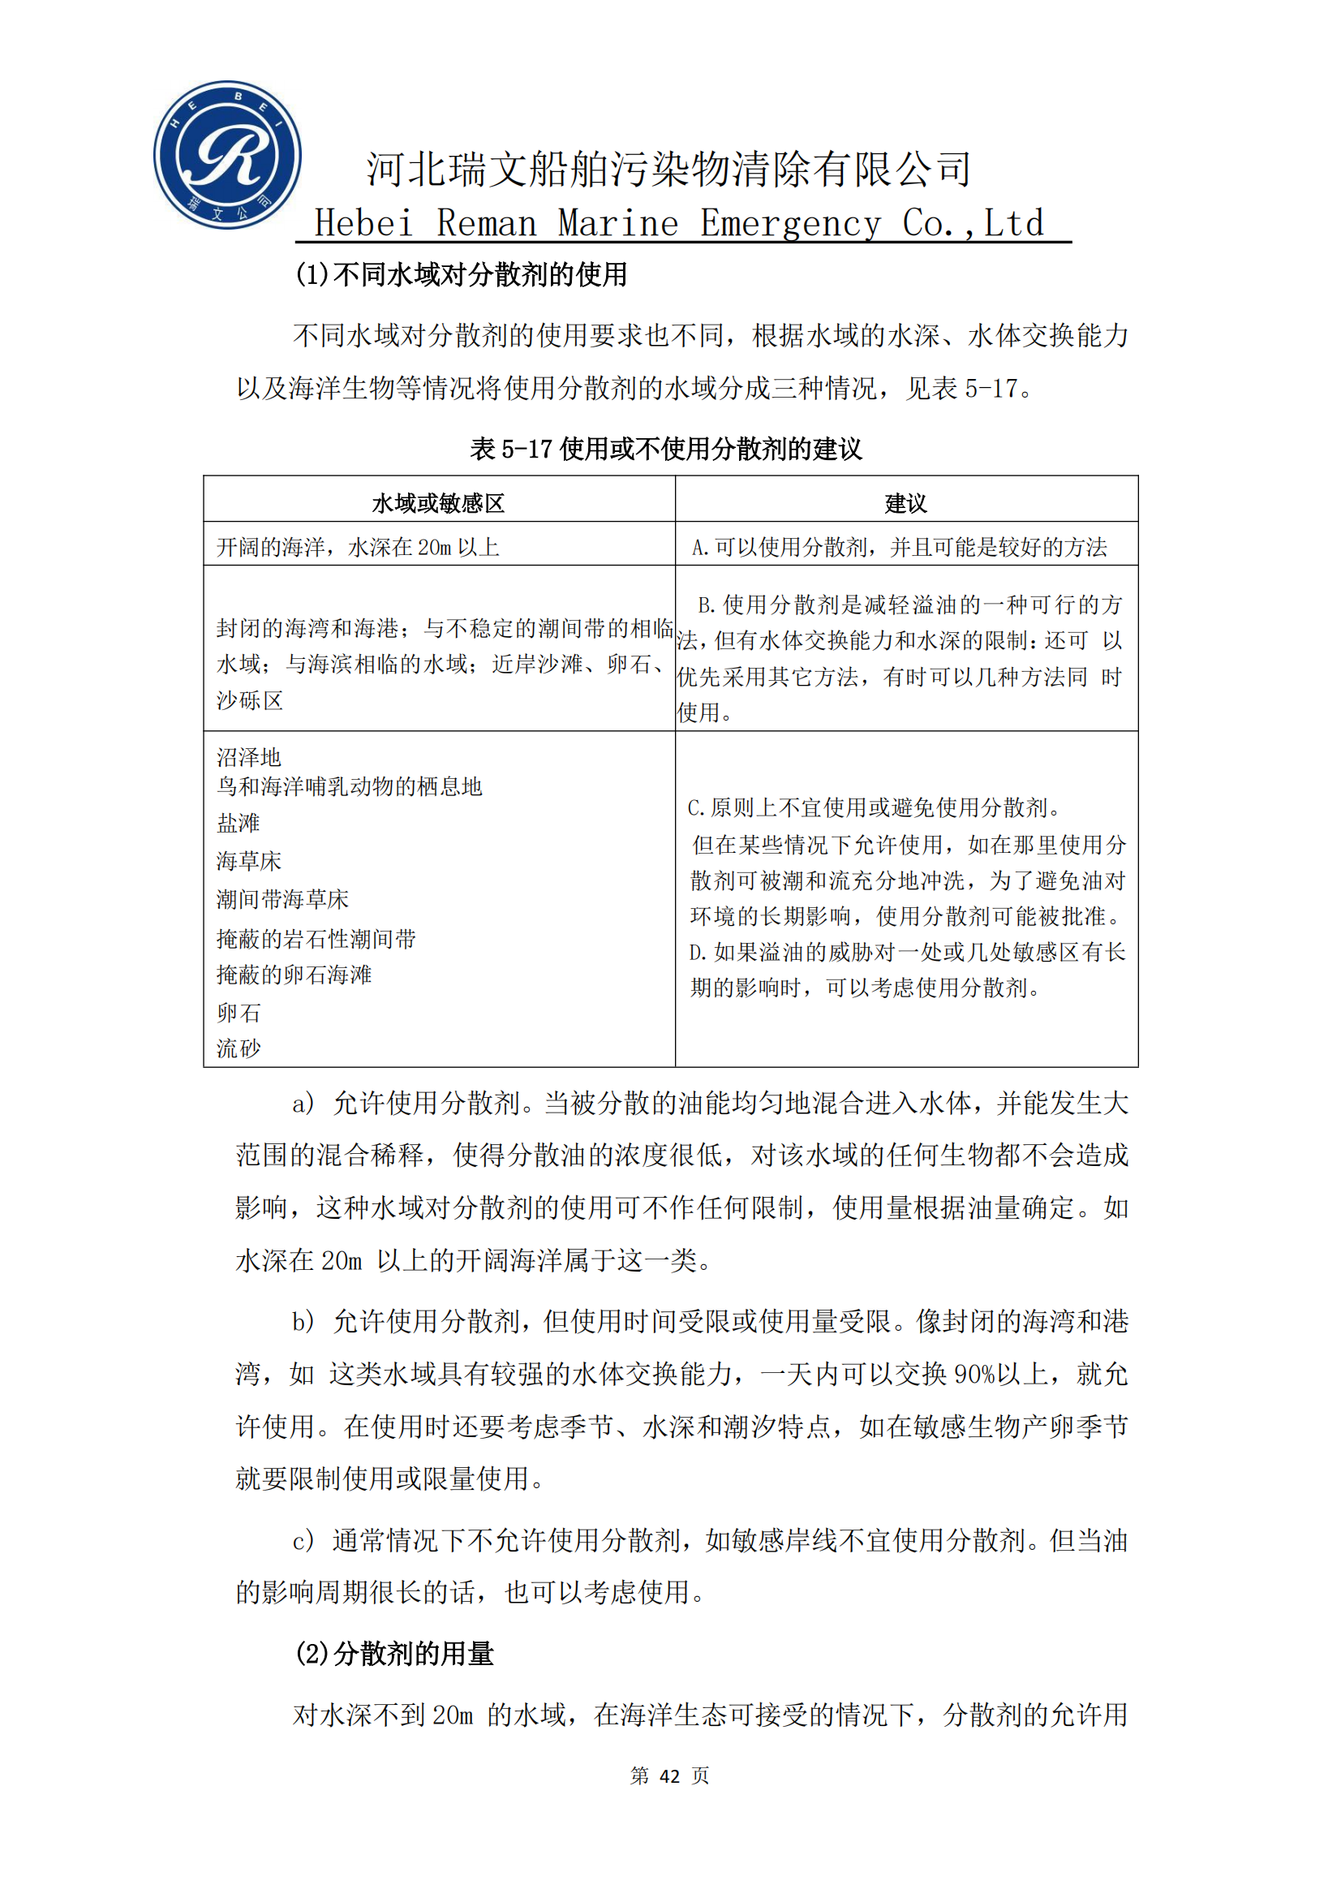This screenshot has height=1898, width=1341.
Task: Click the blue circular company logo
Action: (227, 155)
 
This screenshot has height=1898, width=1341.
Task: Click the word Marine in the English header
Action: (617, 223)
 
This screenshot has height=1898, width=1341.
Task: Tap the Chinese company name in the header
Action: (668, 170)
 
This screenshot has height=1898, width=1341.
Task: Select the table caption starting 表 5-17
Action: (666, 449)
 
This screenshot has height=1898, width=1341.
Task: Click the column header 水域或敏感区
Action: (438, 503)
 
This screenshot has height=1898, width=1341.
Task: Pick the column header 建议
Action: (905, 503)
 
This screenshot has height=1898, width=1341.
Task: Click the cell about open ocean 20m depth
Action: (358, 546)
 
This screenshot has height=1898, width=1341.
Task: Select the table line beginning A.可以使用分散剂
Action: (899, 546)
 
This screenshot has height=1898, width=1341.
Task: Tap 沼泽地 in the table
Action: (249, 756)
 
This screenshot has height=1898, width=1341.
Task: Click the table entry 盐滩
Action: (238, 823)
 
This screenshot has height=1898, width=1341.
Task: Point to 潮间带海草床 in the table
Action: (282, 898)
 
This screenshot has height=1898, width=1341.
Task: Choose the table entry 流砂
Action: (238, 1048)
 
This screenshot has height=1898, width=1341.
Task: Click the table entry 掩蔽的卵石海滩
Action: (294, 975)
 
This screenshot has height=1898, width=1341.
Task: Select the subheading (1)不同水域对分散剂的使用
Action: (461, 274)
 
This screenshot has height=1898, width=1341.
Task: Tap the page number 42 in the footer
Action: (669, 1775)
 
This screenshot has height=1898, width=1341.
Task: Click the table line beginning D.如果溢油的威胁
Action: (906, 953)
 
